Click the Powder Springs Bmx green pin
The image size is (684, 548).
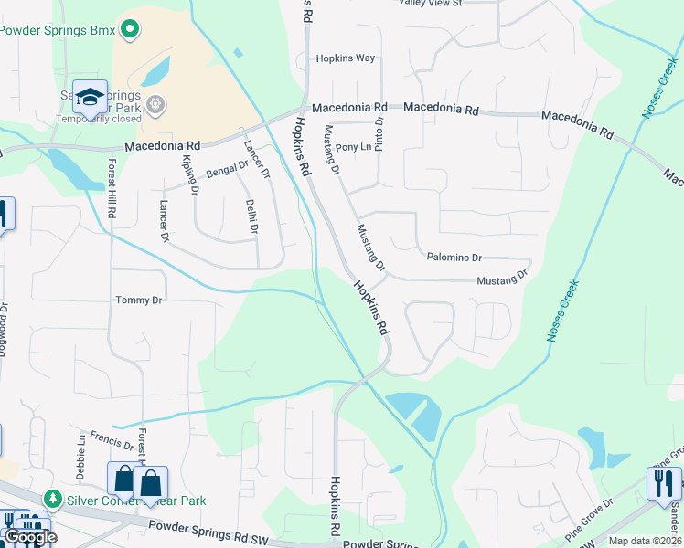click(129, 30)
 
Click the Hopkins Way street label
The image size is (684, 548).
click(346, 58)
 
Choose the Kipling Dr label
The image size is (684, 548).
click(190, 174)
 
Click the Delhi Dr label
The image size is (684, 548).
click(252, 216)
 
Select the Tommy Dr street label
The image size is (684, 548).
click(138, 300)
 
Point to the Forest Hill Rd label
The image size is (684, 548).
click(112, 187)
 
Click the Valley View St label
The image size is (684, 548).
click(431, 3)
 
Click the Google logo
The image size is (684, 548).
click(29, 536)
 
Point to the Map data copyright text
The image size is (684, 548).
click(645, 541)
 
